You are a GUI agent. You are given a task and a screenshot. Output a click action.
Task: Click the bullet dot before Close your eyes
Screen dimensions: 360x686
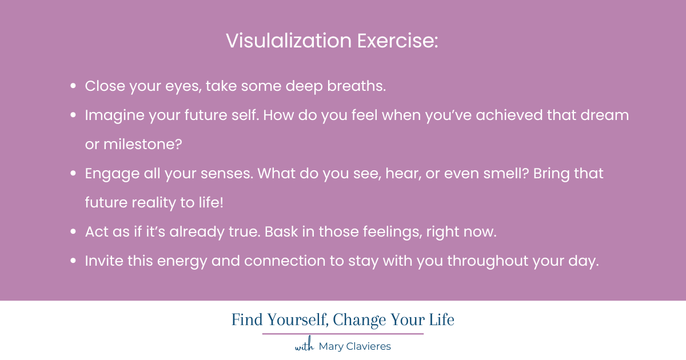pos(73,86)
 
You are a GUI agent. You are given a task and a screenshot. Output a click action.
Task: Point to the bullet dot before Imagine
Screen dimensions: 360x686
pos(73,115)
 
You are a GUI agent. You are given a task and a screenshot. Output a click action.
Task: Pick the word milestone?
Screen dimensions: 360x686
pos(142,145)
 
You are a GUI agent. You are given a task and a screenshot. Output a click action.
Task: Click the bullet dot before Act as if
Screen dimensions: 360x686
pos(73,232)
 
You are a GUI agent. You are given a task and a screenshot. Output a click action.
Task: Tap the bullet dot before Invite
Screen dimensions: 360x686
pos(73,261)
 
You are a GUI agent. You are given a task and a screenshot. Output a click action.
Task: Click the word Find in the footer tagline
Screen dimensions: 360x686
pos(245,320)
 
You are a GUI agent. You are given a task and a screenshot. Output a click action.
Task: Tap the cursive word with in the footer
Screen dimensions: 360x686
pos(305,346)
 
